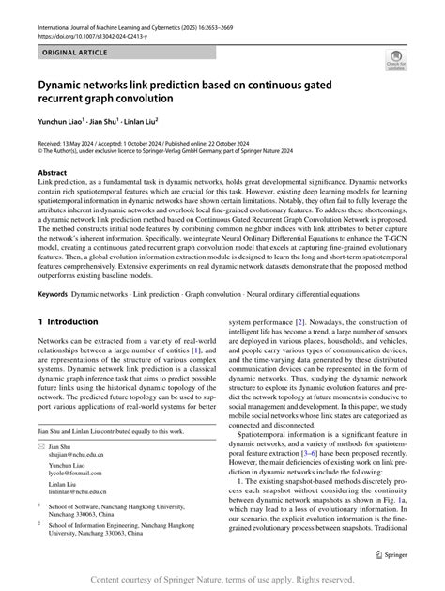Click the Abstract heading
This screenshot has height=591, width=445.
(54, 174)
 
